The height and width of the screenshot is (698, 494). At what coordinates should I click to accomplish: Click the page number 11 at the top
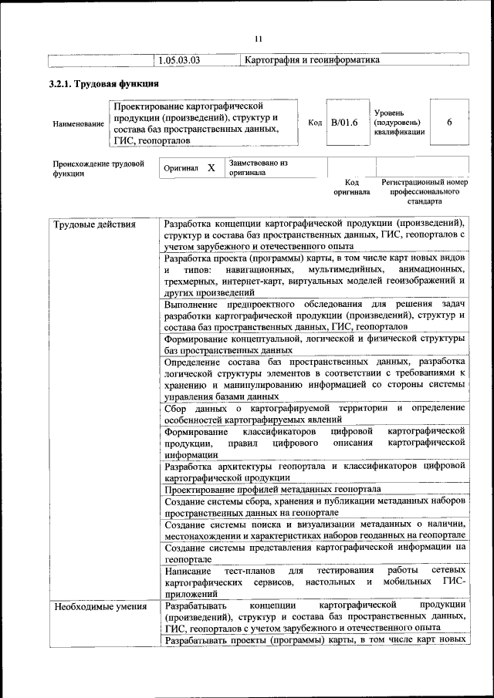click(x=259, y=39)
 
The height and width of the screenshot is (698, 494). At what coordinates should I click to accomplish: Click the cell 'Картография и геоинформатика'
click(x=311, y=59)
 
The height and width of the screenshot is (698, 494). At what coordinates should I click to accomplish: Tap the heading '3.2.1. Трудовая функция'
click(x=103, y=83)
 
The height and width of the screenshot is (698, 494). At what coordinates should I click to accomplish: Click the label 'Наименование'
click(x=78, y=123)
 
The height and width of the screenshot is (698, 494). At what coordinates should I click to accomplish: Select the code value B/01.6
click(x=344, y=123)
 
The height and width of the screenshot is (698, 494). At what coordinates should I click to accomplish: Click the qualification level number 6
click(x=448, y=123)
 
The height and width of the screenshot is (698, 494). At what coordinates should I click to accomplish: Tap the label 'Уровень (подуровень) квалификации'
click(x=398, y=123)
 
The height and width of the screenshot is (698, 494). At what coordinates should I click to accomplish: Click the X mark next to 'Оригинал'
click(x=211, y=167)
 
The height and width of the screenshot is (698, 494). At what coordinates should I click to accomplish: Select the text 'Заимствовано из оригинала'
click(x=258, y=167)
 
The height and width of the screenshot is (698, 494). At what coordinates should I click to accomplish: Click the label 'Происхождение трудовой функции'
click(x=98, y=168)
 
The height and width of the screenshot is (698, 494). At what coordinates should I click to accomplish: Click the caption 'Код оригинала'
click(x=351, y=187)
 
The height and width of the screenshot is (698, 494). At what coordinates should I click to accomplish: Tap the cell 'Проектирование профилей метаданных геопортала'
click(x=272, y=489)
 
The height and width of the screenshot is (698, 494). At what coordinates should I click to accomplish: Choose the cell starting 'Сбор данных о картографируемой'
click(x=314, y=413)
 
